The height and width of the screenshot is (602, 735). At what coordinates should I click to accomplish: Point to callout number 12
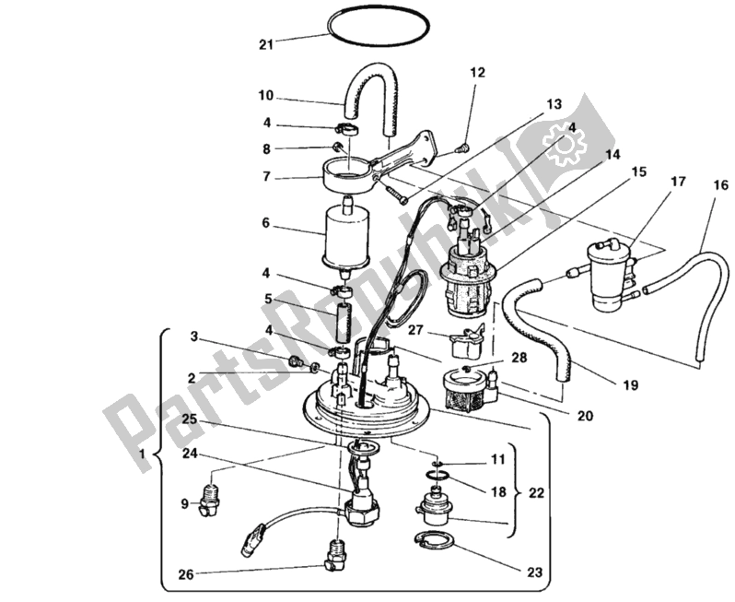(476, 72)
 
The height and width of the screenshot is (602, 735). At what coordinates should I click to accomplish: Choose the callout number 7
(265, 175)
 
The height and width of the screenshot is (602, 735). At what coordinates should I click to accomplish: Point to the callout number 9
(184, 503)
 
